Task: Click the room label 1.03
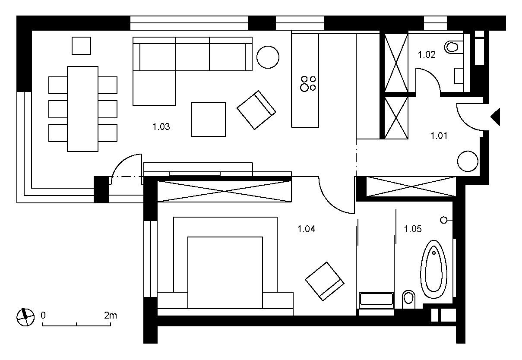161,127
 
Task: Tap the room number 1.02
427,55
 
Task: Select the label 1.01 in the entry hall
439,136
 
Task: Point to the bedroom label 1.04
307,229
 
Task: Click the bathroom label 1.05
413,229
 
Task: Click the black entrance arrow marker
496,117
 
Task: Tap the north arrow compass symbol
25,317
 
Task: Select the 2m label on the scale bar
110,316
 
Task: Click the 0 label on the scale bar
43,316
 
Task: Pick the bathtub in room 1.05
433,269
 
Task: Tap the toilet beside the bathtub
408,300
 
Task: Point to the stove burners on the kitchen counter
308,84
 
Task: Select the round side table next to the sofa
268,57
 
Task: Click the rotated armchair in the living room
256,110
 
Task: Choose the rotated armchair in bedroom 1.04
325,281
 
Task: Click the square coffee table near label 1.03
208,119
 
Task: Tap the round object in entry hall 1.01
468,161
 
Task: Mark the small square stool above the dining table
81,46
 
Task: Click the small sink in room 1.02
459,76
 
